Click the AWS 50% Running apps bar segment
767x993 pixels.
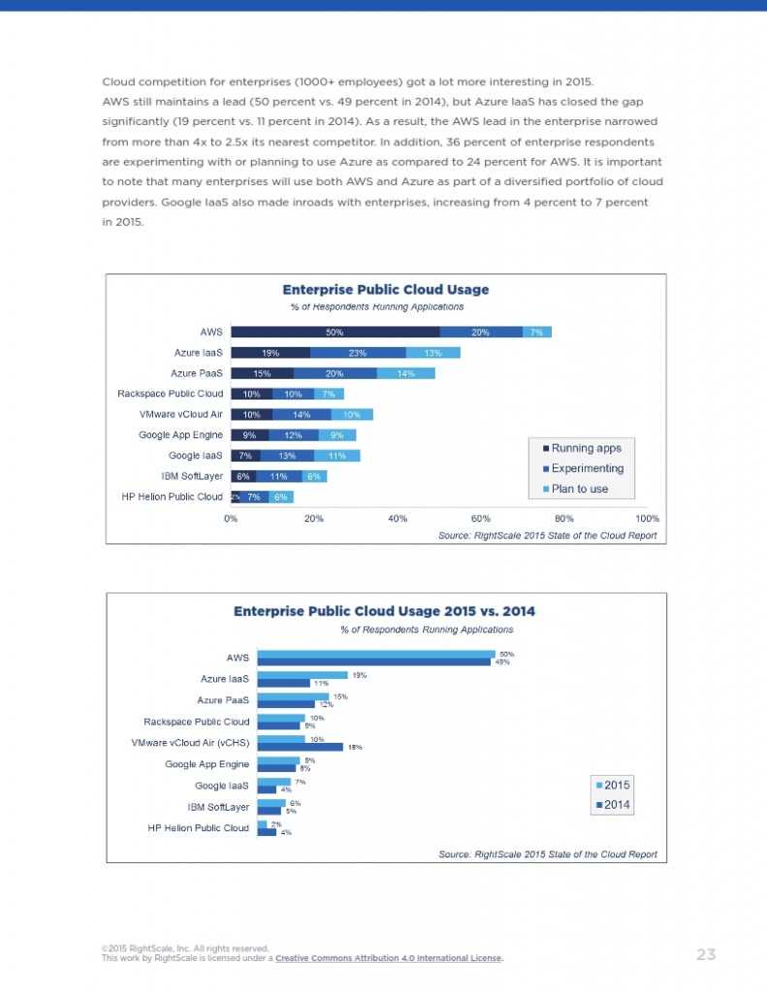[x=335, y=332]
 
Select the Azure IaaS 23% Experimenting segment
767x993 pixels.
[x=358, y=353]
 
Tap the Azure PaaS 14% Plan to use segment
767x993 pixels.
[x=405, y=373]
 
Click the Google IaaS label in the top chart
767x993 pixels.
[x=196, y=456]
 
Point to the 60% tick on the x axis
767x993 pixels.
[x=481, y=518]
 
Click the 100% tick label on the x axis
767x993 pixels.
[x=647, y=518]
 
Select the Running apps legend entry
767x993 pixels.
[x=582, y=448]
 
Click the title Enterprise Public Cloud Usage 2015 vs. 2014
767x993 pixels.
[x=384, y=611]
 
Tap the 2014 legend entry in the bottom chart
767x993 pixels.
[x=616, y=805]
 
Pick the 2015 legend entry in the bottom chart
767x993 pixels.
[x=616, y=785]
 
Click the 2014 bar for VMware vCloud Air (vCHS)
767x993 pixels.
[x=300, y=748]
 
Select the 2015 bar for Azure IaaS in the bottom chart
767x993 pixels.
[x=302, y=674]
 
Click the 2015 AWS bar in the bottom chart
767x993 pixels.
[x=375, y=654]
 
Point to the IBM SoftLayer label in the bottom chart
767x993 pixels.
[x=218, y=807]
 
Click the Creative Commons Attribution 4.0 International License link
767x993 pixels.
[x=388, y=959]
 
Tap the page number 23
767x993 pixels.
[x=706, y=954]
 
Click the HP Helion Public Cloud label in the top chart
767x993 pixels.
[x=171, y=496]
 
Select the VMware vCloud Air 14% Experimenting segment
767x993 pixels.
[x=301, y=414]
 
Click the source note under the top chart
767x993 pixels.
[x=548, y=535]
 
